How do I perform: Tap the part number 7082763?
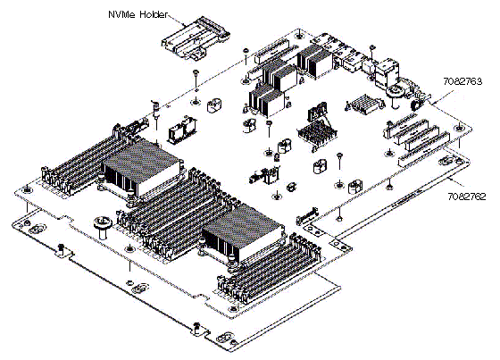[x=462, y=81]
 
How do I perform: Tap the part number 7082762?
[x=467, y=197]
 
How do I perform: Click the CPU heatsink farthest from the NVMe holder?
[x=243, y=233]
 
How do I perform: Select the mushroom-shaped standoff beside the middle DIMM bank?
[x=102, y=227]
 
